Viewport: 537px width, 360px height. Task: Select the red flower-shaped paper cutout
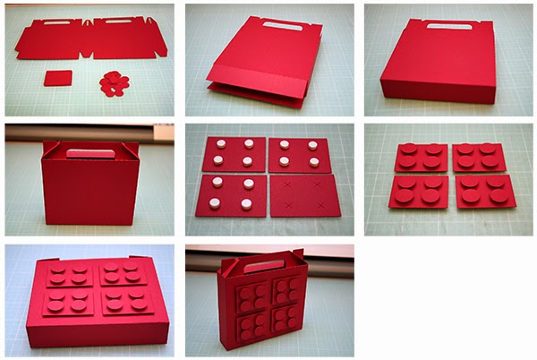pyautogui.click(x=115, y=83)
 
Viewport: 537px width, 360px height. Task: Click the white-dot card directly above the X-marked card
pyautogui.click(x=299, y=154)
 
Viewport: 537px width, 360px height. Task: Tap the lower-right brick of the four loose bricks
pyautogui.click(x=485, y=192)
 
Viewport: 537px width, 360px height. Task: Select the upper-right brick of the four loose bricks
pyautogui.click(x=480, y=158)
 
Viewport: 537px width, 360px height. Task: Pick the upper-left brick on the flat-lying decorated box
pyautogui.click(x=69, y=273)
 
